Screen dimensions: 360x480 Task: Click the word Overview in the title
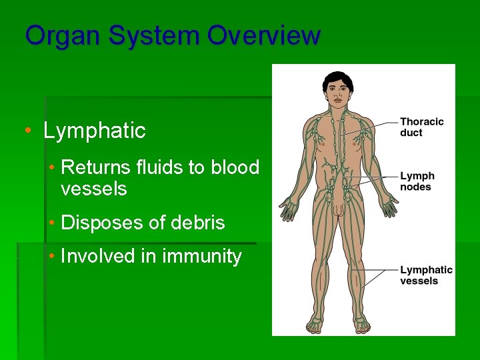(263, 35)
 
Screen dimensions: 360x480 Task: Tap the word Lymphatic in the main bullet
(94, 131)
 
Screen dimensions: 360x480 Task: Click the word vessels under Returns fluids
(93, 189)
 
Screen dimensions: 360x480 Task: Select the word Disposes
(101, 223)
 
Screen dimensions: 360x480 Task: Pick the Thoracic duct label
(421, 127)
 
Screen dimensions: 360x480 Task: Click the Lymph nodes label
(417, 181)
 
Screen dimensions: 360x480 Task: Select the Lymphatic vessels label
(426, 275)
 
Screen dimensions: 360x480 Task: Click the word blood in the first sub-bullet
(235, 167)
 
